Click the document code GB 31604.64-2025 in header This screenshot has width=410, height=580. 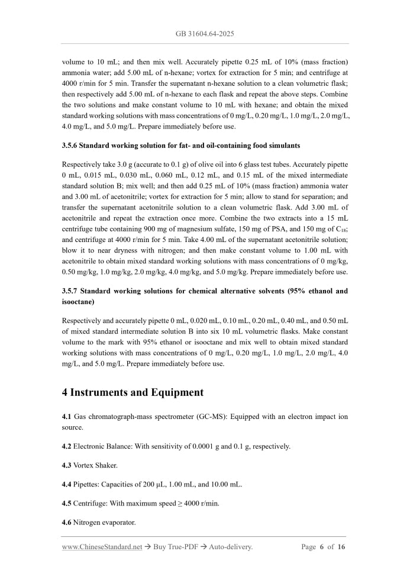click(205, 34)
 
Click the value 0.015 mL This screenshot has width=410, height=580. click(96, 175)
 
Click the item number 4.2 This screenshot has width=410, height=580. click(66, 446)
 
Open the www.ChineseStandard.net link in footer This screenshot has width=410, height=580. click(102, 547)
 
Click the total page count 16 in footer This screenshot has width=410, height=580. click(341, 547)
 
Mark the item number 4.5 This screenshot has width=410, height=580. click(66, 504)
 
